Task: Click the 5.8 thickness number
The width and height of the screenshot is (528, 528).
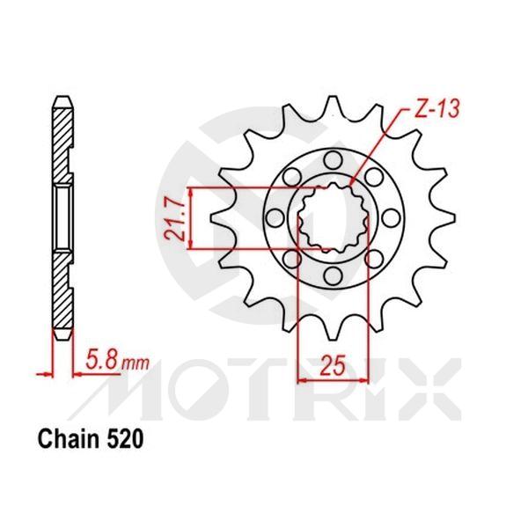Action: [100, 360]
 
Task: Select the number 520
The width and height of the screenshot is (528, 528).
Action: [122, 437]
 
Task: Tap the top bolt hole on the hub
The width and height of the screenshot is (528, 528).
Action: [334, 159]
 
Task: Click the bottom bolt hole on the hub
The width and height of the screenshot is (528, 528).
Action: [334, 279]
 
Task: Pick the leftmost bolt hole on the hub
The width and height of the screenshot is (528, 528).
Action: [275, 219]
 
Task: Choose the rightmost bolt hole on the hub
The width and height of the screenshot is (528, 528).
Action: [393, 219]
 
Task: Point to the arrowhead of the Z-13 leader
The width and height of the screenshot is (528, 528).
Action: [353, 184]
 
